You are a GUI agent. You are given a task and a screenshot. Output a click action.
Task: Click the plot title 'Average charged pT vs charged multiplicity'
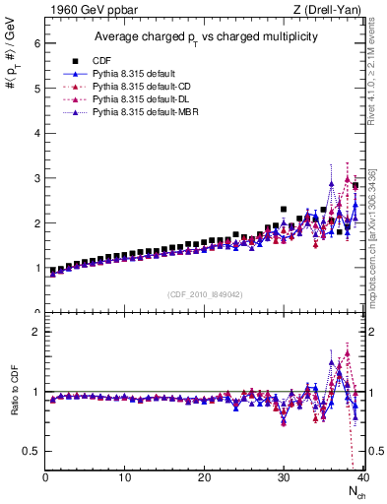click(204, 36)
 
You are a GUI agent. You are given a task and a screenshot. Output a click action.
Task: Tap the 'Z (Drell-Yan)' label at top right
click(327, 10)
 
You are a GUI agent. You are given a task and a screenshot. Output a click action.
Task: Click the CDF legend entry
click(100, 60)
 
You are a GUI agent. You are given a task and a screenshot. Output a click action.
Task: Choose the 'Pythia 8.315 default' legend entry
click(134, 74)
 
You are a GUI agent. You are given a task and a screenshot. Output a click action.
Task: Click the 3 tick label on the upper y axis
click(36, 178)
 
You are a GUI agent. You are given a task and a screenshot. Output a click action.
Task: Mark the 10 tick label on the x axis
click(125, 477)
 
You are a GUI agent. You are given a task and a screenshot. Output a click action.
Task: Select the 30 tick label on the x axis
click(284, 477)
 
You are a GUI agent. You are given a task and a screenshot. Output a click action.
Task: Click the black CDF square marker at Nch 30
click(284, 210)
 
